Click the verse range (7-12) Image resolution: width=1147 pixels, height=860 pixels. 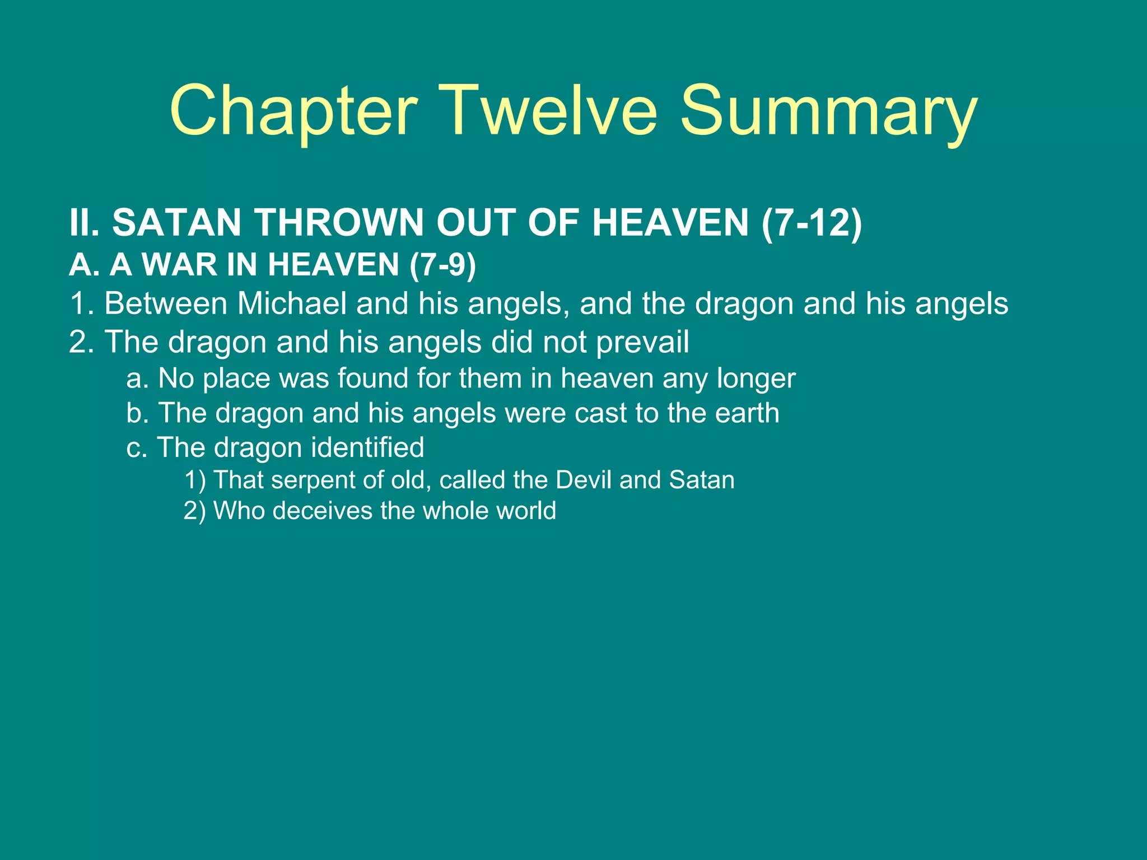812,223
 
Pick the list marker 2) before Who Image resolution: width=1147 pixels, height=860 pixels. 195,511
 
